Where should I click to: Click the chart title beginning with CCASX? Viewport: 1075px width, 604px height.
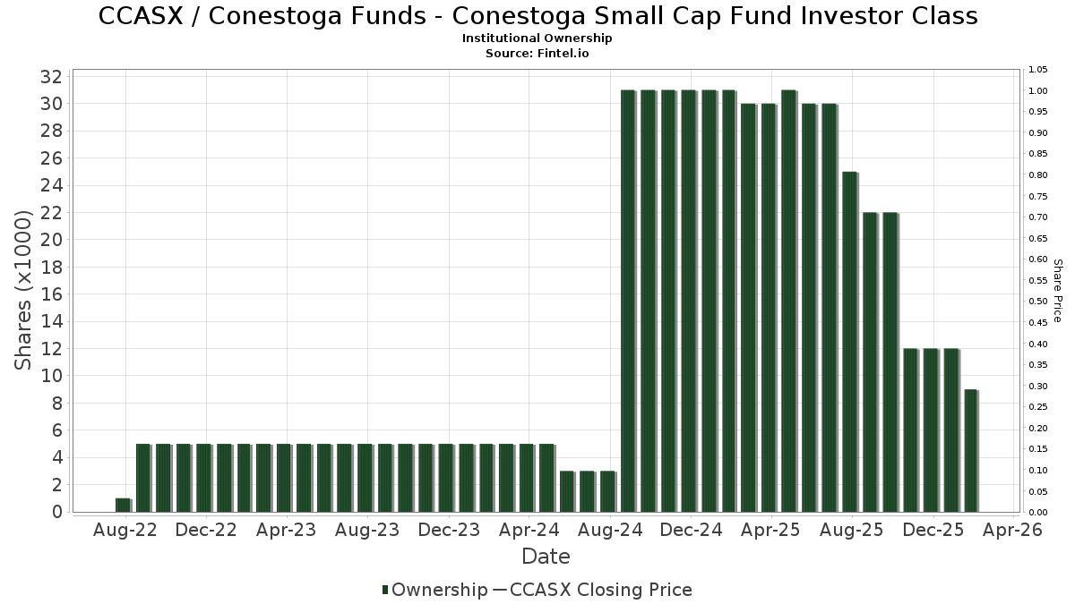[537, 16]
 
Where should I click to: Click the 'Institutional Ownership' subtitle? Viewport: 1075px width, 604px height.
[537, 38]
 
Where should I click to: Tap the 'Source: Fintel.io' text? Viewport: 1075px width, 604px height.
[537, 53]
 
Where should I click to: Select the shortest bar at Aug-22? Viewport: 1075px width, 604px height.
[123, 505]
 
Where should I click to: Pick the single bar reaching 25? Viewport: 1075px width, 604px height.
[850, 341]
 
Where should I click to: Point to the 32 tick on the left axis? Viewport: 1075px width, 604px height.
[51, 77]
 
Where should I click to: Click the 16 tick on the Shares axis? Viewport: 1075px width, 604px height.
[51, 294]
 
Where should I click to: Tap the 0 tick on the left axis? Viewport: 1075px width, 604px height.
[56, 512]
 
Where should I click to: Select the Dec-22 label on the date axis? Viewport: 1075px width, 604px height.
[206, 530]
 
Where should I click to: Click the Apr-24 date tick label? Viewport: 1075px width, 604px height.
[529, 530]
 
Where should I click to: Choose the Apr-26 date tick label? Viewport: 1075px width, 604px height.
[1013, 530]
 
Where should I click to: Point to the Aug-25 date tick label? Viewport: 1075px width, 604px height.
[852, 530]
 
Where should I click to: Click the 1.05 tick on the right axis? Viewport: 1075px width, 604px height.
[1037, 70]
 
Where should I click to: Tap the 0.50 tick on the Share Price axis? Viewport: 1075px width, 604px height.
[1037, 302]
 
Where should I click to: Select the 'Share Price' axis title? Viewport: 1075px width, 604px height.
[1057, 290]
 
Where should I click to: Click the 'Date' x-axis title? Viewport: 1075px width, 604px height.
[546, 557]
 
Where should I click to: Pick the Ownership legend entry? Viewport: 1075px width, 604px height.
[434, 590]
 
